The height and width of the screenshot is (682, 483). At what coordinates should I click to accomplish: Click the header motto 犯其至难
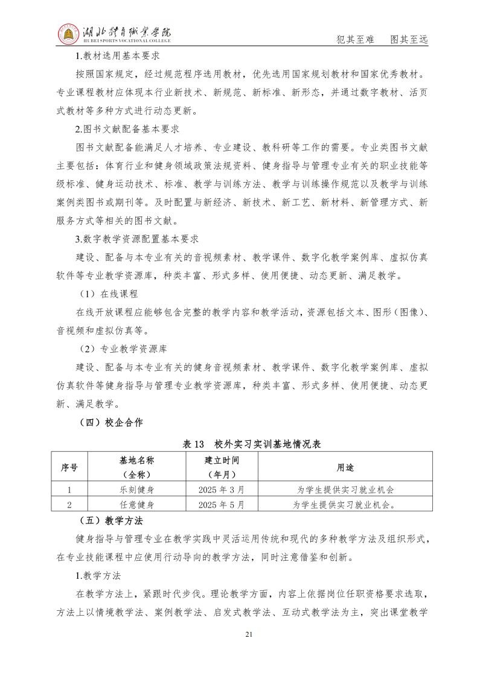pyautogui.click(x=354, y=40)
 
